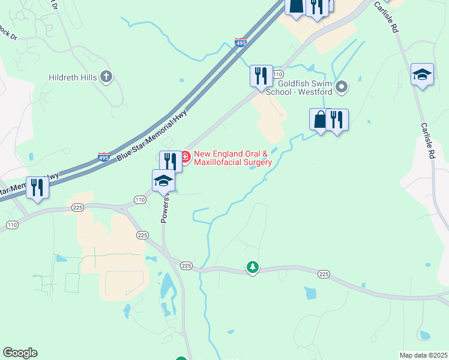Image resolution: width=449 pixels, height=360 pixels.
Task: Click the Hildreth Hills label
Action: pyautogui.click(x=73, y=77)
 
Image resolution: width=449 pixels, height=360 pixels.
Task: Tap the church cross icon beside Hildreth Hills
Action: pyautogui.click(x=107, y=77)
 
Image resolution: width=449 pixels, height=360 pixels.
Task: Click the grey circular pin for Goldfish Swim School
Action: pyautogui.click(x=342, y=88)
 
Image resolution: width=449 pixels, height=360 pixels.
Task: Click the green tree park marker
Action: pyautogui.click(x=253, y=267)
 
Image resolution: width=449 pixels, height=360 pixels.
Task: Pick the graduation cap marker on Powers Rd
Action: pyautogui.click(x=163, y=180)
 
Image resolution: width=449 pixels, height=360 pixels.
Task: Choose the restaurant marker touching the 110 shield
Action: pyautogui.click(x=261, y=76)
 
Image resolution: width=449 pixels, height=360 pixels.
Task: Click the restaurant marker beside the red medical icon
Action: pyautogui.click(x=170, y=161)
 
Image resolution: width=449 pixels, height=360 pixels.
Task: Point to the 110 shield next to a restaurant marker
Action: pyautogui.click(x=277, y=74)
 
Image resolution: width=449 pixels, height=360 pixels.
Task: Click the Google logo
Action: pyautogui.click(x=20, y=353)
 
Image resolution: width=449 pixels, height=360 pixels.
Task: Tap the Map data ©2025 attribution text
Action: pyautogui.click(x=424, y=355)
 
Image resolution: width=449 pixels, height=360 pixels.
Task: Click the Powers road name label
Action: pyautogui.click(x=166, y=207)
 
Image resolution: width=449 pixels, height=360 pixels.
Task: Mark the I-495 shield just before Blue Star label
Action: pyautogui.click(x=104, y=157)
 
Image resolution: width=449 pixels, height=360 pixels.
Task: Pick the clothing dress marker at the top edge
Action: pyautogui.click(x=296, y=6)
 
